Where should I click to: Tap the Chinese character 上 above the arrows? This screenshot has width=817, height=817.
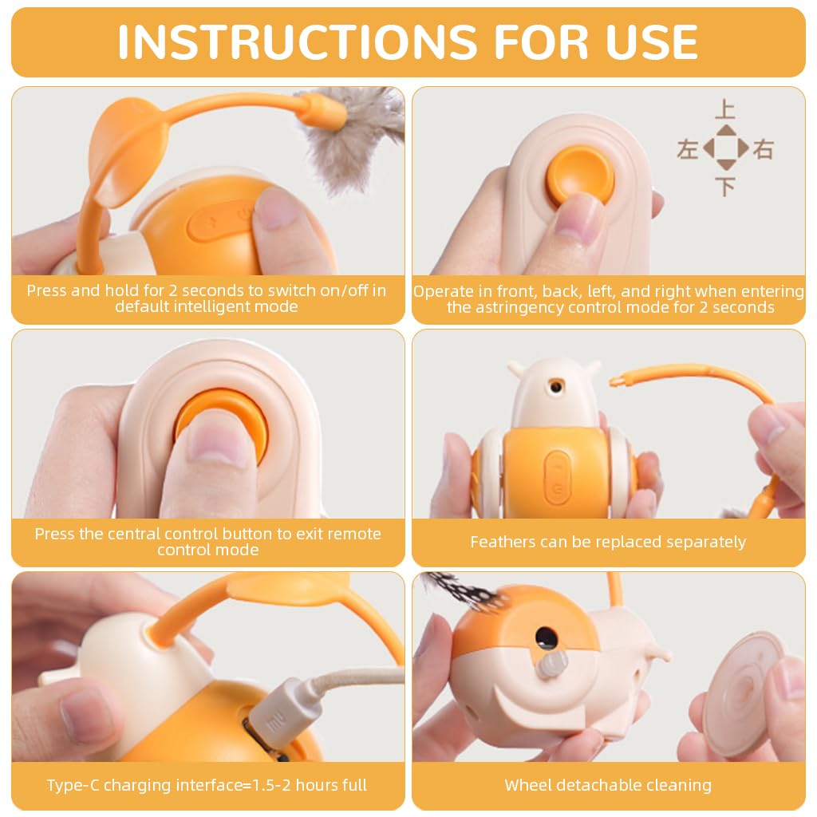point(724,109)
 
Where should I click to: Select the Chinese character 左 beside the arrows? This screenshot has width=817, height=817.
point(687,148)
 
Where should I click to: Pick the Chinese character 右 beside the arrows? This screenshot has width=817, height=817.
point(764,148)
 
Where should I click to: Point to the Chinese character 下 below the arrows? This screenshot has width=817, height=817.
point(724,187)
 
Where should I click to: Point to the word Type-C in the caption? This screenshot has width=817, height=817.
point(74,785)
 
